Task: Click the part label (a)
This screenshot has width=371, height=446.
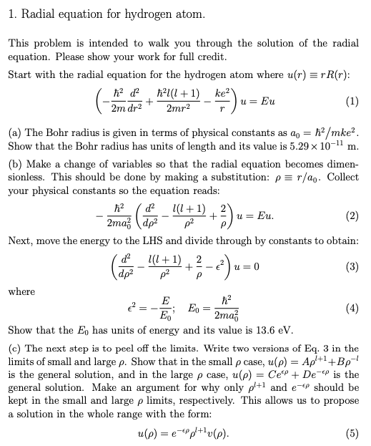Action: click(x=15, y=133)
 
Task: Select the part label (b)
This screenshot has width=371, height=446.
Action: click(x=15, y=162)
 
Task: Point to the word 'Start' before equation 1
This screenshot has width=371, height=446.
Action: click(x=21, y=74)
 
